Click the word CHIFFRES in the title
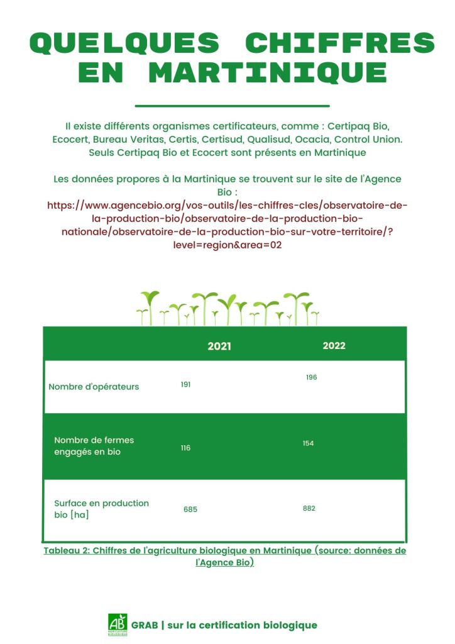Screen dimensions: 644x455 pos(339,43)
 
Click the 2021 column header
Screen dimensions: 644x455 pos(219,347)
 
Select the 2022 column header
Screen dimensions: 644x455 pos(334,346)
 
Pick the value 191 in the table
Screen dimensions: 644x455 pos(185,384)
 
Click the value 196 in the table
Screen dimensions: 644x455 pos(312,377)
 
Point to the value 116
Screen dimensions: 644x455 pos(185,448)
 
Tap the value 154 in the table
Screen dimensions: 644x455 pos(308,443)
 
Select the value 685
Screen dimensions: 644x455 pos(190,509)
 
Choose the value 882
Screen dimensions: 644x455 pos(309,508)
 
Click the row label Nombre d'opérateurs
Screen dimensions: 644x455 pos(94,387)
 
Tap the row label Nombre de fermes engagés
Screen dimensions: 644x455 pos(94,446)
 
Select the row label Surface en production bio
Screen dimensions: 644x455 pos(101,509)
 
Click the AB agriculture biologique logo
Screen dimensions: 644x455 pos(118,624)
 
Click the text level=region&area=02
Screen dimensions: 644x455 pos(227,245)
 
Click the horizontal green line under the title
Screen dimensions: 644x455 pos(232,106)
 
